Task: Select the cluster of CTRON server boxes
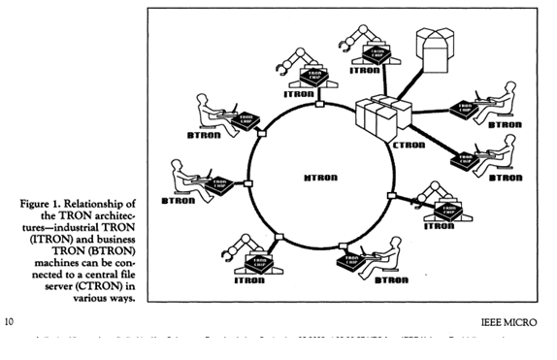(382, 121)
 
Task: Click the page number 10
(10, 318)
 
